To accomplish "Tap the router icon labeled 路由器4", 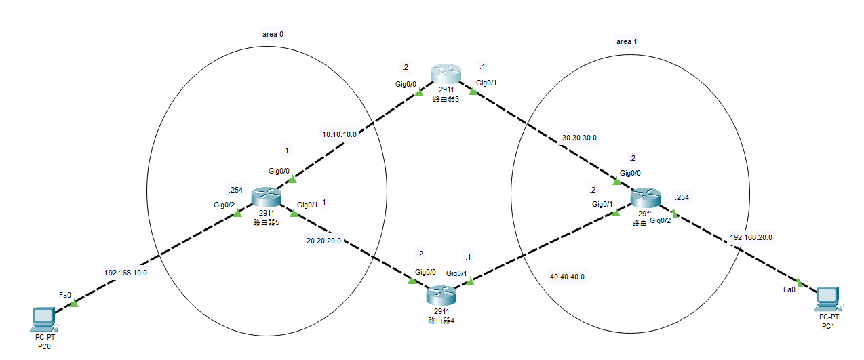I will pos(442,296).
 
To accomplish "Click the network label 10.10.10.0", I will pos(339,134).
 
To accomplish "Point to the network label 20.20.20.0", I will pos(323,239).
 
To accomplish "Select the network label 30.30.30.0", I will pos(580,138).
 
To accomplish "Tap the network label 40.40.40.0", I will pos(567,277).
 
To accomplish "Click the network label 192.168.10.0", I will pos(126,273).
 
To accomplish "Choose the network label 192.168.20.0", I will pos(751,237).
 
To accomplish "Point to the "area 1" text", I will pos(627,41).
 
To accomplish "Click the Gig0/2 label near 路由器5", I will pos(225,204).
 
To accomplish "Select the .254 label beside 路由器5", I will pos(235,190).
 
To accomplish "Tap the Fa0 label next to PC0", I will pos(66,295).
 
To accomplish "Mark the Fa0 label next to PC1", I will pos(789,289).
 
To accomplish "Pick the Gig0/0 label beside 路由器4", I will pos(425,272).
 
